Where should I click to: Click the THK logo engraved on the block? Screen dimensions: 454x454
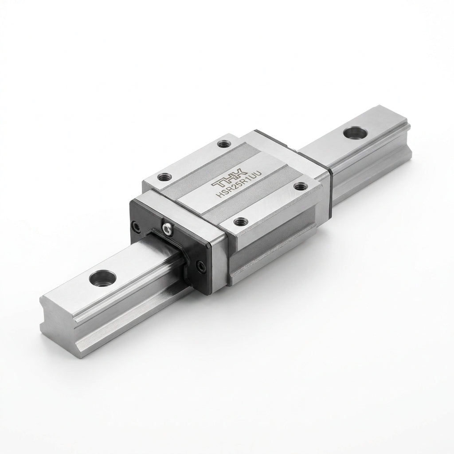pos(229,177)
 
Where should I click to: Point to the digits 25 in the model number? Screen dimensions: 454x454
pos(238,186)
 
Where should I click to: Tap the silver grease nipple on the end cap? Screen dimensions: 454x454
pos(167,228)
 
